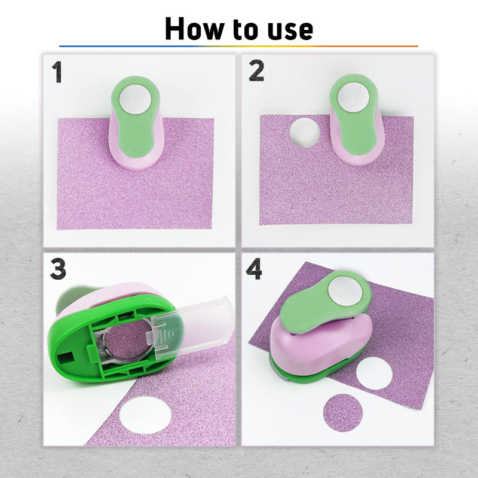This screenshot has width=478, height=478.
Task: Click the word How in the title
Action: [x=194, y=29]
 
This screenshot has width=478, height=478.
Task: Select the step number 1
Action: [x=57, y=72]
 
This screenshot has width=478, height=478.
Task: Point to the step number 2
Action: [x=256, y=71]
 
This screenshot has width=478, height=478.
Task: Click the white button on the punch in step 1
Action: [x=135, y=99]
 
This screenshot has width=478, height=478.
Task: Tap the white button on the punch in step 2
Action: [x=353, y=97]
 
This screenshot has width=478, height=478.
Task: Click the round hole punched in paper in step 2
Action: [x=305, y=133]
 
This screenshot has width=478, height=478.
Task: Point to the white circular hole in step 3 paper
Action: [x=145, y=415]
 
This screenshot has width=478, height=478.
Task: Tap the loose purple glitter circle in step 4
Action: [x=343, y=413]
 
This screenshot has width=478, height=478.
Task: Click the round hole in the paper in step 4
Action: [x=374, y=373]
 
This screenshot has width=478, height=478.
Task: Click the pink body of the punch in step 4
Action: [x=320, y=345]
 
